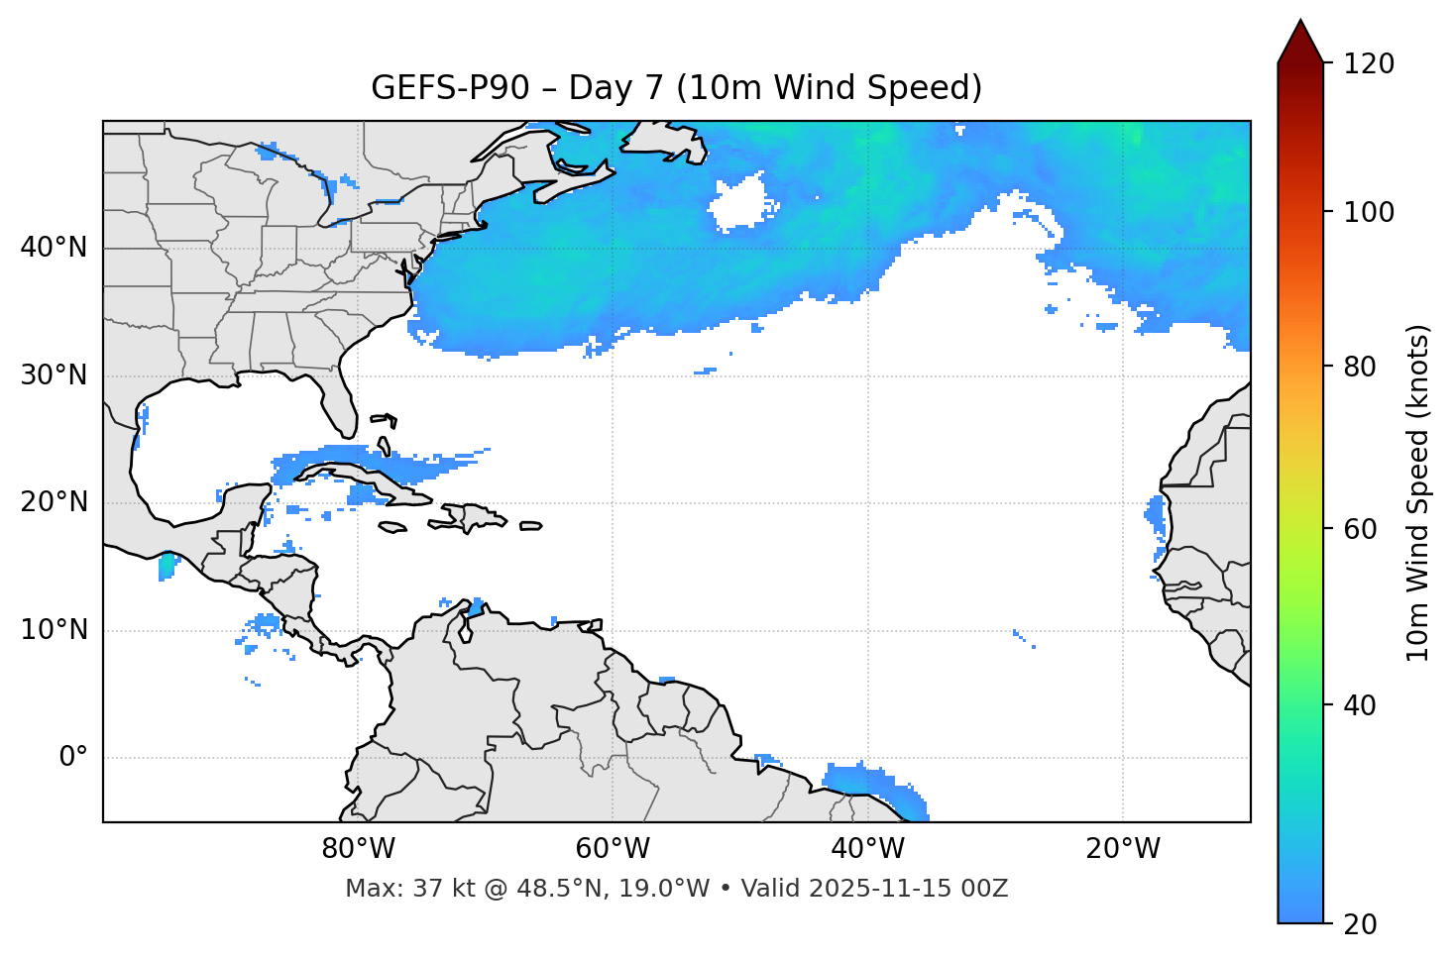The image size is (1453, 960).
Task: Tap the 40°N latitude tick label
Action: point(54,248)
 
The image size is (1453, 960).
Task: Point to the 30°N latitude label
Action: point(54,375)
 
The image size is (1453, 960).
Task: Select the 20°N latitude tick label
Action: point(54,502)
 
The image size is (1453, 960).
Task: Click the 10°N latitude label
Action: point(54,630)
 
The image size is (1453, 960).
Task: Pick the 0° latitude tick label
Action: point(73,758)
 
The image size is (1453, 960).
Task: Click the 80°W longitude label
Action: point(358,849)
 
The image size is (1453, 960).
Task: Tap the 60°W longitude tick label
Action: point(613,849)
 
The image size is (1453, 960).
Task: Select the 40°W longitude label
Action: point(867,849)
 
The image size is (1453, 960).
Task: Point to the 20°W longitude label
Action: point(1123,849)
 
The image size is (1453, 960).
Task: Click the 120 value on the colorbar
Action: point(1368,64)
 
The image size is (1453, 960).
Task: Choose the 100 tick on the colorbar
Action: point(1368,212)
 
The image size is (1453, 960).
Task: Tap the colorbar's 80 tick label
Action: point(1360,367)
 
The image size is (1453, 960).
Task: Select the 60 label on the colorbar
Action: point(1360,529)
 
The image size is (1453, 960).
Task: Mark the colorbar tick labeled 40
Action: point(1360,705)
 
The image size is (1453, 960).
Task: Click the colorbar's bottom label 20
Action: point(1360,924)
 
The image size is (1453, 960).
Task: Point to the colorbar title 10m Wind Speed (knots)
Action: point(1418,492)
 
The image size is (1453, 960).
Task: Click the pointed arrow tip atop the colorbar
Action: point(1300,24)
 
